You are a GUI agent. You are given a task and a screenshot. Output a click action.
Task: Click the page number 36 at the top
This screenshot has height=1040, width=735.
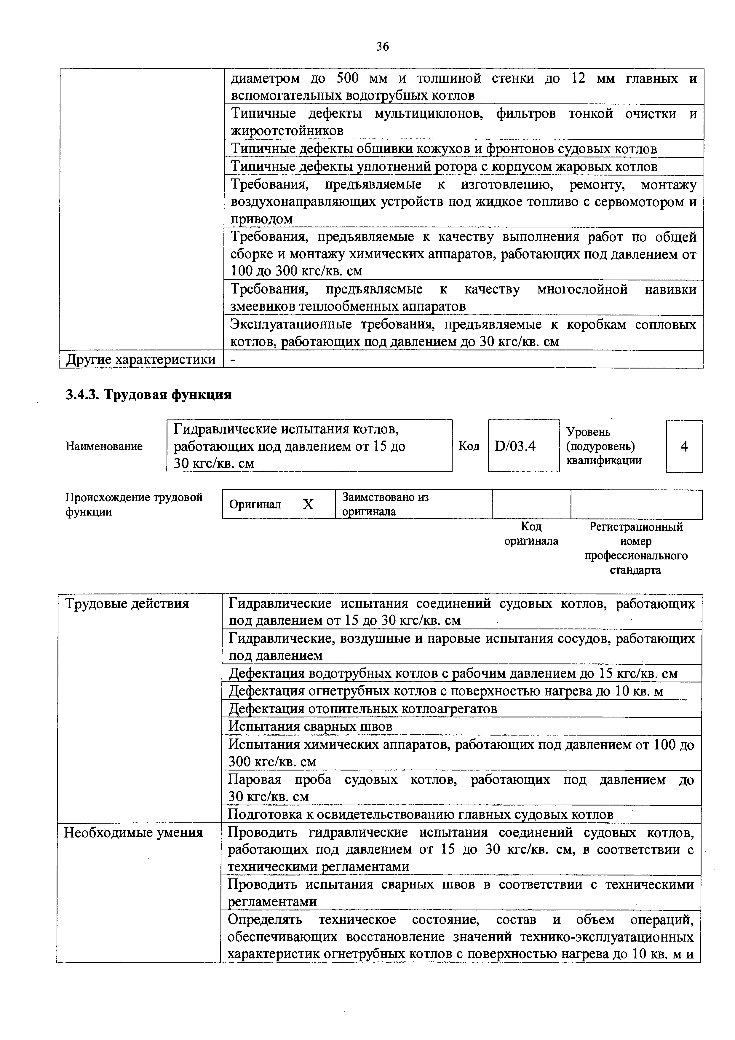pos(382,47)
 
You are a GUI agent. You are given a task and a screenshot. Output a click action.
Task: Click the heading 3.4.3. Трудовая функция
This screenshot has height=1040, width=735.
pos(148,395)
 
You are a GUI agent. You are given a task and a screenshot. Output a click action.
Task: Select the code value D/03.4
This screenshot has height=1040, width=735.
pos(515,446)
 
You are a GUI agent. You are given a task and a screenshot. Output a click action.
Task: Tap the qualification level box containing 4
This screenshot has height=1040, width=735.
pos(684,446)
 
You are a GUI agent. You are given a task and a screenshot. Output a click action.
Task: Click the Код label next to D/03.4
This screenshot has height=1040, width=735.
pos(469,446)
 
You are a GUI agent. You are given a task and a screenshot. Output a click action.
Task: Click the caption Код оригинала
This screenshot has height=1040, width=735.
pos(531,534)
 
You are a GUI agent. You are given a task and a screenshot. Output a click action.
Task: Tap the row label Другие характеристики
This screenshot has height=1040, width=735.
pos(141,359)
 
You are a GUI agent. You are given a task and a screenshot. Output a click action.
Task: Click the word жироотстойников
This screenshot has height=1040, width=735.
pos(287,131)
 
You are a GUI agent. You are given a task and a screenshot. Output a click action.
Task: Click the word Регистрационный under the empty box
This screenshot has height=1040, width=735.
pos(636,527)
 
